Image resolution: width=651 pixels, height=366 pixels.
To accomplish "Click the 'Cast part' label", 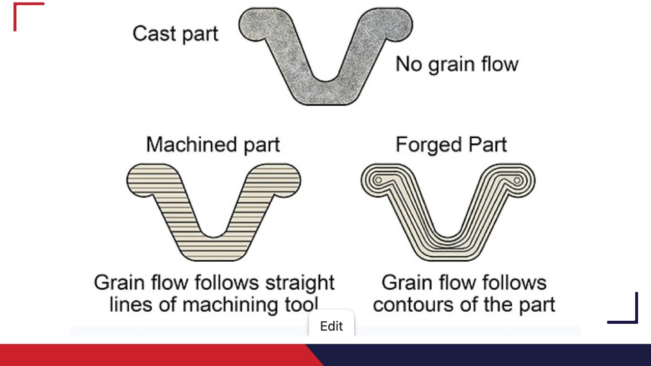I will [x=175, y=34].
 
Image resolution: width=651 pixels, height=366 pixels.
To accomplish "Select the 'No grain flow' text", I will [x=457, y=65].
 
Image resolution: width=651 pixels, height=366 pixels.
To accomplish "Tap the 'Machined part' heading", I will [x=213, y=145].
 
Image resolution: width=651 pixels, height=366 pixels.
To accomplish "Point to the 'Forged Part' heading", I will [x=451, y=145].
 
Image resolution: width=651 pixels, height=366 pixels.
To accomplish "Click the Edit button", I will [x=331, y=326].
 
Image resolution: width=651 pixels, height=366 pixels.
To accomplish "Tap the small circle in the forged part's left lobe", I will [x=378, y=180].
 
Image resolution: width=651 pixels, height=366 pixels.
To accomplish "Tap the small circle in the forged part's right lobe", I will [x=517, y=180].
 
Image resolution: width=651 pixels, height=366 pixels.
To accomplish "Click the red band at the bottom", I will [x=153, y=355].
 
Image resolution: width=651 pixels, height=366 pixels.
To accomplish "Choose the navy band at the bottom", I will [x=484, y=355].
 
